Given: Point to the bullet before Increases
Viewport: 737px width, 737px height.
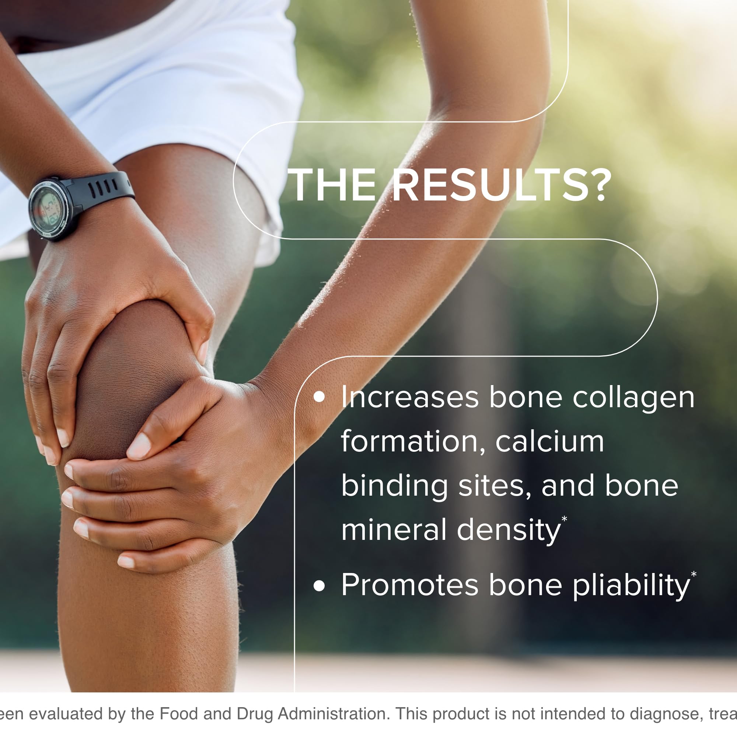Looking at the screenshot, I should [x=319, y=397].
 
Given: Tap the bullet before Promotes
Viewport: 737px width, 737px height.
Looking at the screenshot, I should [x=319, y=585].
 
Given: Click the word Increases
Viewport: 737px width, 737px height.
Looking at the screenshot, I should [x=409, y=397].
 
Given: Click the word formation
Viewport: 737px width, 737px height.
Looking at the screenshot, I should [x=413, y=442].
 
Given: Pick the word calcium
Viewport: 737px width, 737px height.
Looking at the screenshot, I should [x=549, y=442].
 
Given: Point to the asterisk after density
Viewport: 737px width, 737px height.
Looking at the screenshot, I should [x=564, y=519].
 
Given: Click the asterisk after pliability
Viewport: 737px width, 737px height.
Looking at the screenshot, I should [x=694, y=574].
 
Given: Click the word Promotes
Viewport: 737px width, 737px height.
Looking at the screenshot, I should [x=409, y=585].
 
